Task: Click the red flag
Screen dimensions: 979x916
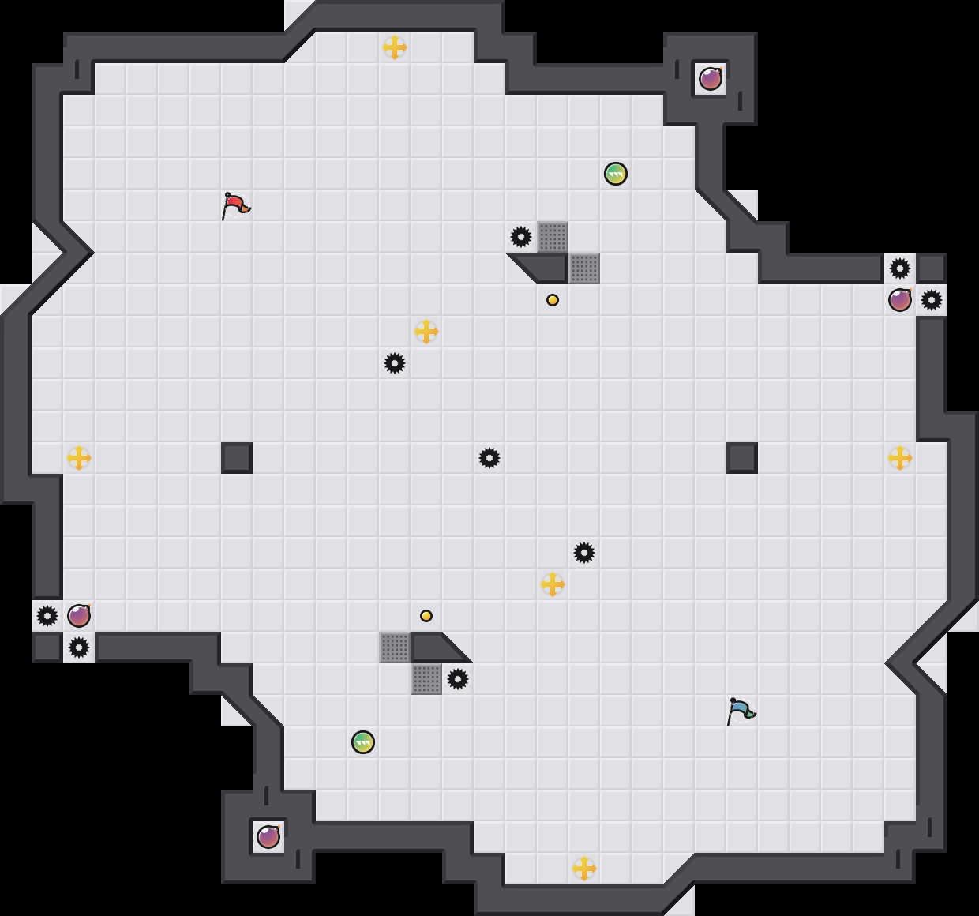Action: (234, 205)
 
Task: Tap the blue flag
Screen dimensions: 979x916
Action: (740, 711)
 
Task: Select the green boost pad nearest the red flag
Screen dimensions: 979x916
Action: (616, 174)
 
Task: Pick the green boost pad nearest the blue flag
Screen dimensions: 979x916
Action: (363, 742)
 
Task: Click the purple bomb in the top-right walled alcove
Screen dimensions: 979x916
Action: (711, 79)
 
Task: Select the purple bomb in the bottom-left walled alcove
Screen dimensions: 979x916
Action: (268, 837)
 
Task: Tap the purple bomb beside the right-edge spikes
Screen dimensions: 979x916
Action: (900, 300)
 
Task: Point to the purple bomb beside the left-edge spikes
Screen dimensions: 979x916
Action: (79, 616)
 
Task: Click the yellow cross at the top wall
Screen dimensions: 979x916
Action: (395, 47)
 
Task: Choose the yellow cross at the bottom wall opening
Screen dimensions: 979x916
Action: (584, 869)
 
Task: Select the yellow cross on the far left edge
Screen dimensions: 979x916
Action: (79, 458)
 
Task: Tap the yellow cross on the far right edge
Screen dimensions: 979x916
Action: (900, 458)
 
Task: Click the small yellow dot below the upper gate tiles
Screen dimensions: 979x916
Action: (553, 300)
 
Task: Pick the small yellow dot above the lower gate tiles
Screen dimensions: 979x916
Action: (426, 616)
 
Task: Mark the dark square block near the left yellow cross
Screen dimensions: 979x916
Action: (237, 458)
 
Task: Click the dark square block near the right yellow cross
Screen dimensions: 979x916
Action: (742, 458)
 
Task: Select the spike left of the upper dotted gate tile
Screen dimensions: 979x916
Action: (521, 237)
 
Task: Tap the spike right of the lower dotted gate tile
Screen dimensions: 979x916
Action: (458, 679)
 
